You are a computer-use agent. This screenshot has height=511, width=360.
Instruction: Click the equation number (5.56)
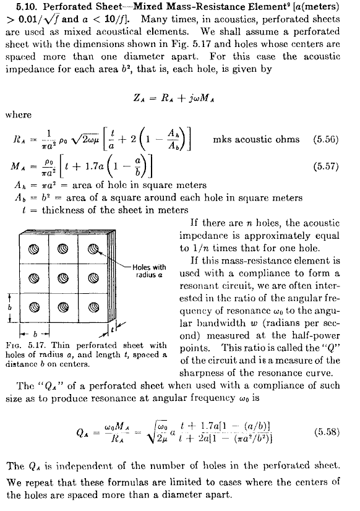[325, 139]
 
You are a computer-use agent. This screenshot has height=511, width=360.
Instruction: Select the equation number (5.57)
[325, 166]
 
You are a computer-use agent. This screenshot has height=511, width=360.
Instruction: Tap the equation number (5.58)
[327, 432]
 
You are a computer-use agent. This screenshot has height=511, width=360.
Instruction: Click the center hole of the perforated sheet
[63, 278]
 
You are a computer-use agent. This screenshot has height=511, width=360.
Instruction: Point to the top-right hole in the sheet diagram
[93, 249]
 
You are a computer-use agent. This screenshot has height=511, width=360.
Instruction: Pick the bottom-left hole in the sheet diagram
[34, 307]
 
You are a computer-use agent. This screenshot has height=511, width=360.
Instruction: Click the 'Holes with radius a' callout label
[149, 271]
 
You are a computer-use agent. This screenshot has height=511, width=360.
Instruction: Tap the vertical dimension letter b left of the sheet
[10, 307]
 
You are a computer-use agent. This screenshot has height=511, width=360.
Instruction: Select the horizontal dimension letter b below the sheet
[35, 334]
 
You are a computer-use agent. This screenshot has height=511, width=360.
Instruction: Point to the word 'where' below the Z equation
[19, 114]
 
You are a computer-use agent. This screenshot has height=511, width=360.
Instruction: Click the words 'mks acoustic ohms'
[256, 139]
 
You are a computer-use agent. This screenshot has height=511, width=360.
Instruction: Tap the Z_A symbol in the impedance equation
[140, 98]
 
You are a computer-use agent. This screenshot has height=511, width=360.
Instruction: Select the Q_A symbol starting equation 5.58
[82, 433]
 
